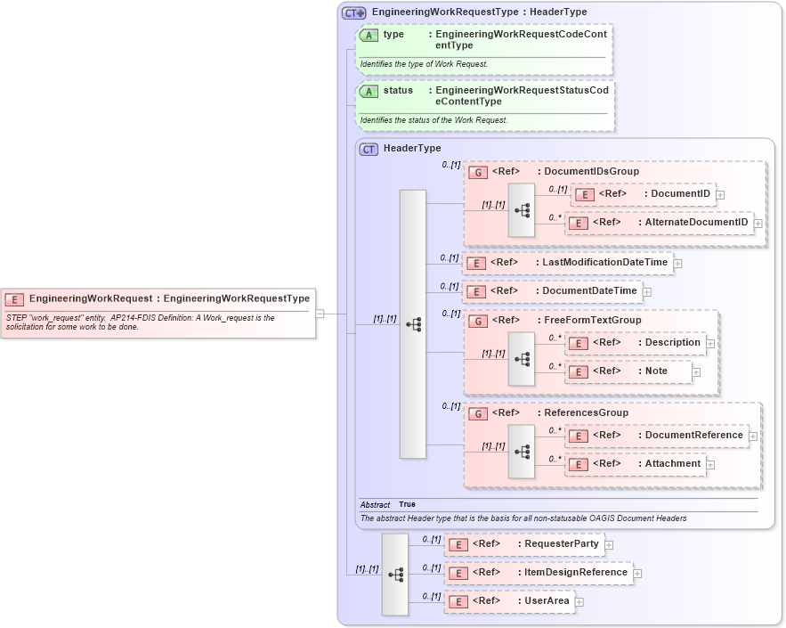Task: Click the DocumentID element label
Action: [680, 194]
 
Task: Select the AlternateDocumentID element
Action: [696, 222]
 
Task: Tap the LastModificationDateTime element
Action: [604, 263]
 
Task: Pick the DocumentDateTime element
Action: [589, 291]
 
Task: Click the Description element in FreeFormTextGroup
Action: [672, 343]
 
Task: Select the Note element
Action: [656, 371]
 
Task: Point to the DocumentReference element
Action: [693, 436]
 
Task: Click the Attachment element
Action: [672, 464]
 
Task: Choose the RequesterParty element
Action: [561, 544]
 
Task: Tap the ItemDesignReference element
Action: [575, 573]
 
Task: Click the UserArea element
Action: [546, 601]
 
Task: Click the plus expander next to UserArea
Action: [579, 602]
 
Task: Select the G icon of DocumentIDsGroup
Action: [478, 172]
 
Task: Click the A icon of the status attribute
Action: [369, 92]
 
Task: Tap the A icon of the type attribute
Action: [369, 35]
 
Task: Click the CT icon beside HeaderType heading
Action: [369, 149]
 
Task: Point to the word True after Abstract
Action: [407, 505]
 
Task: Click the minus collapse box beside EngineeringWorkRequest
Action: [320, 313]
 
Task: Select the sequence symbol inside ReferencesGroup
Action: [522, 452]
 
